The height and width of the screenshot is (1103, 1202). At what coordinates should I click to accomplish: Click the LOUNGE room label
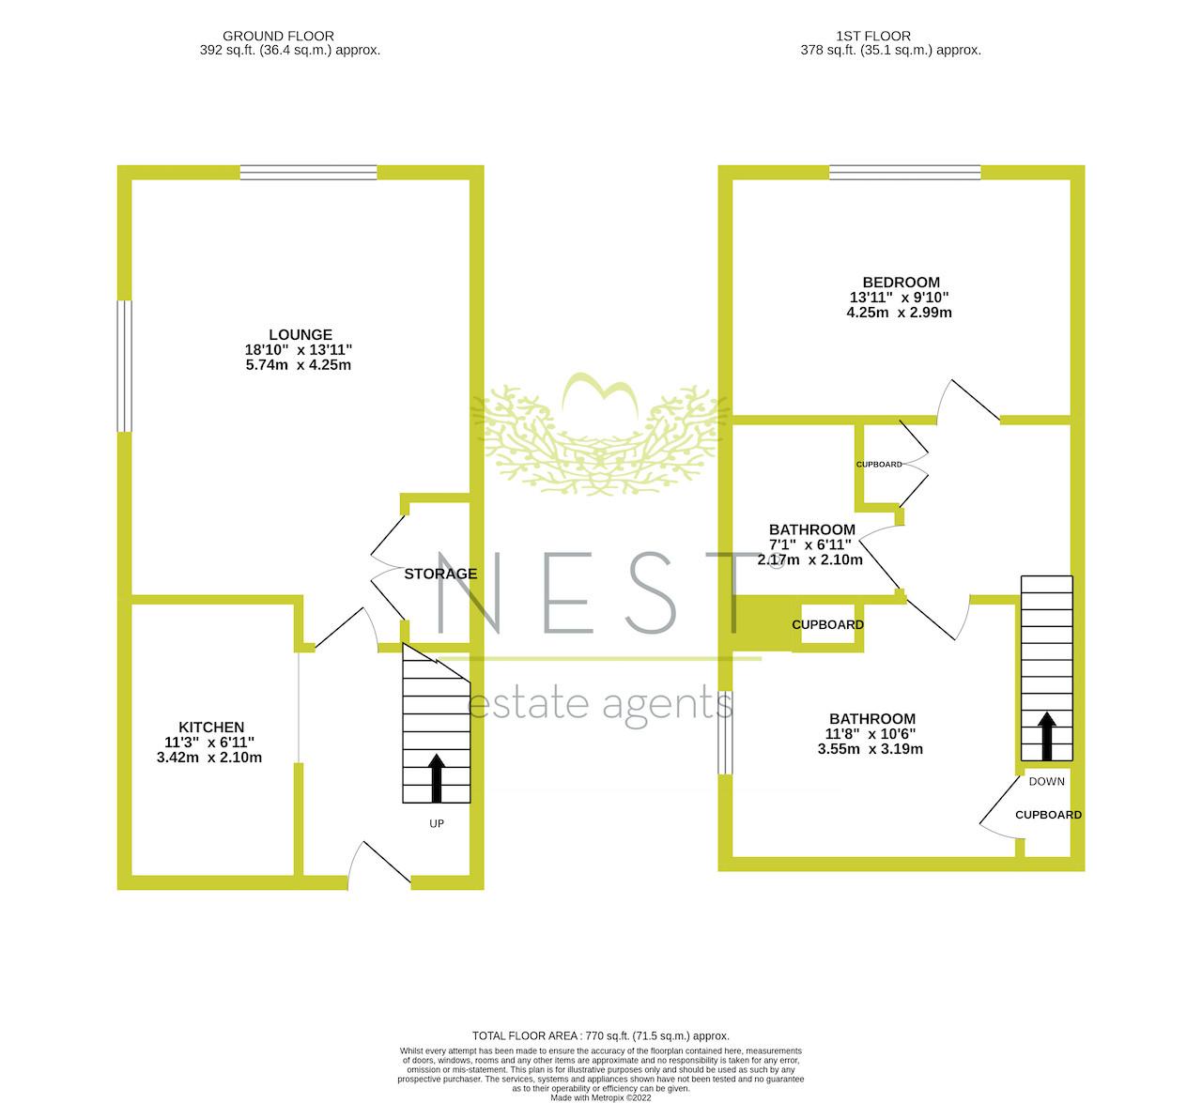pyautogui.click(x=300, y=334)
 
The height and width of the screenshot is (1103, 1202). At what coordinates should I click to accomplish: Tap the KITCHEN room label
pyautogui.click(x=211, y=727)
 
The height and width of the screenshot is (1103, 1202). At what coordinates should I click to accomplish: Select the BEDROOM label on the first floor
pyautogui.click(x=901, y=283)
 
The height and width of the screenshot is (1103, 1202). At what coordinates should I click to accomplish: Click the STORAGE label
pyautogui.click(x=440, y=574)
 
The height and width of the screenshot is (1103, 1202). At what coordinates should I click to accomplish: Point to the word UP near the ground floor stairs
pyautogui.click(x=437, y=824)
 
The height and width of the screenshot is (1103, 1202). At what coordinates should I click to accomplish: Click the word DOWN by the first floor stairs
pyautogui.click(x=1047, y=781)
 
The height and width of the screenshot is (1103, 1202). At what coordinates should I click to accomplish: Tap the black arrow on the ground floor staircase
pyautogui.click(x=437, y=778)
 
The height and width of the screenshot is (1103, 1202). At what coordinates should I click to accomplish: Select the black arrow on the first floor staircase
pyautogui.click(x=1047, y=736)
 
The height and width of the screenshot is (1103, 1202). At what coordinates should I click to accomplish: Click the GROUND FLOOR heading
pyautogui.click(x=278, y=36)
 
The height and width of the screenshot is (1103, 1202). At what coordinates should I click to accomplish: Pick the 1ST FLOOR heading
pyautogui.click(x=873, y=36)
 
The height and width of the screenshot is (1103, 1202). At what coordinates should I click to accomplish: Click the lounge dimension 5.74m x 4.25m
pyautogui.click(x=299, y=365)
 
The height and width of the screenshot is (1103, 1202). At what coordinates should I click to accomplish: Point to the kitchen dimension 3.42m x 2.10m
pyautogui.click(x=209, y=758)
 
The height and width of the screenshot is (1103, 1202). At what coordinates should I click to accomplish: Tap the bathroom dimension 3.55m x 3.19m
pyautogui.click(x=871, y=749)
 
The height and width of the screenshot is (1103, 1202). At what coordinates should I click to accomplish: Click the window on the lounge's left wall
pyautogui.click(x=124, y=366)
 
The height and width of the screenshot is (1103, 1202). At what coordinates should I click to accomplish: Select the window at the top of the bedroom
pyautogui.click(x=905, y=173)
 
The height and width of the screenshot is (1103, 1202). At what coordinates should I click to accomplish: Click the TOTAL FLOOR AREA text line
pyautogui.click(x=600, y=1035)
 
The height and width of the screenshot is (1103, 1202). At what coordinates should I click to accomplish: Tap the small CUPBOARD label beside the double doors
pyautogui.click(x=879, y=465)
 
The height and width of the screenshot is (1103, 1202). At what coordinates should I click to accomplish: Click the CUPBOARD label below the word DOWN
pyautogui.click(x=1048, y=815)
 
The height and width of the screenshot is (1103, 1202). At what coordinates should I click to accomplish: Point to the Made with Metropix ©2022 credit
pyautogui.click(x=600, y=1097)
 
